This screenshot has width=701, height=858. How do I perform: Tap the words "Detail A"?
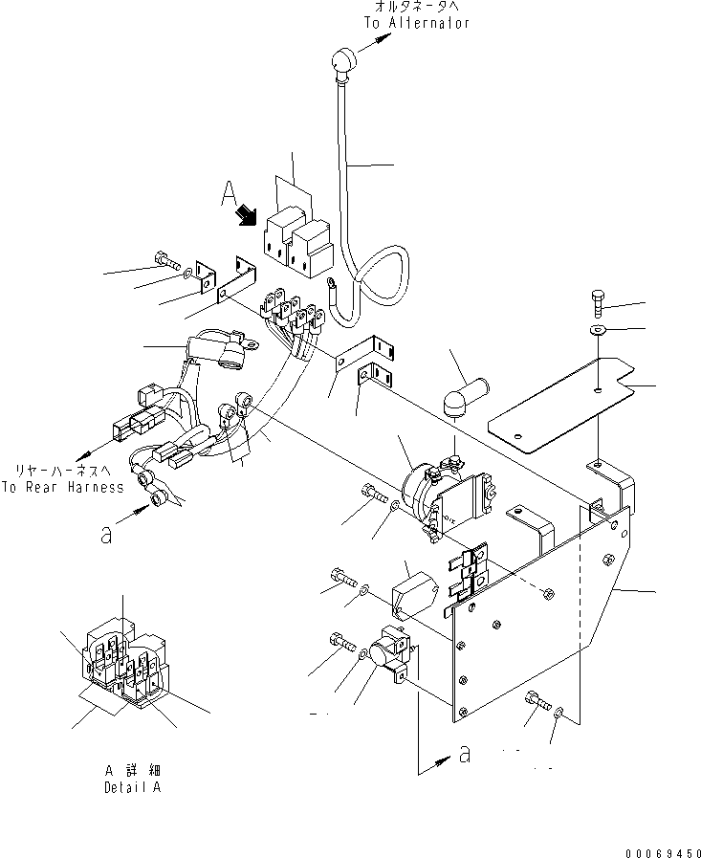[x=132, y=788]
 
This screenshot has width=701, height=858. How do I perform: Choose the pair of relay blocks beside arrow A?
[x=297, y=240]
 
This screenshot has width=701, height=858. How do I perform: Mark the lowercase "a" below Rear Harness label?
[x=107, y=535]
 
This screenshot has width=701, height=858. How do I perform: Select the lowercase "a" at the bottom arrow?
[x=466, y=754]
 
